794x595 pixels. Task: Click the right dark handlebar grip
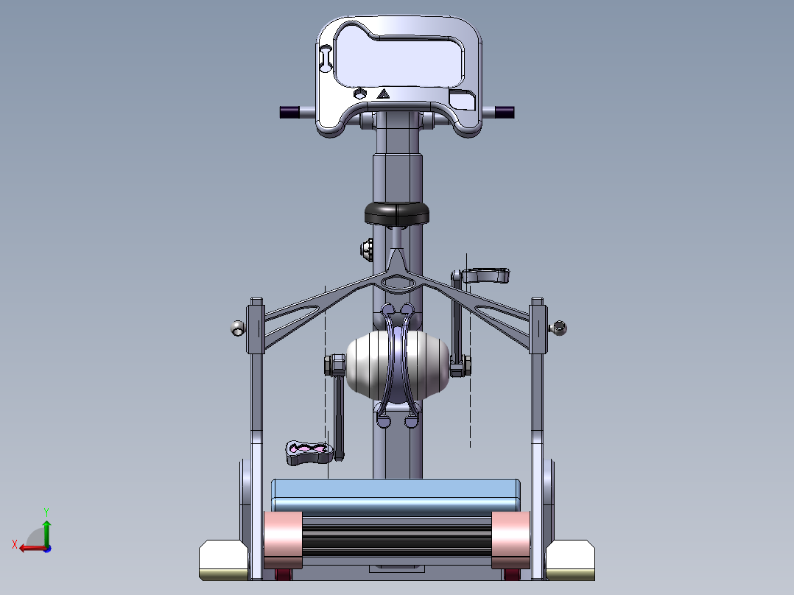[x=505, y=113]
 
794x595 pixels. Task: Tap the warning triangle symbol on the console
[x=382, y=94]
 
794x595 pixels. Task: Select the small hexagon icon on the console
[x=359, y=94]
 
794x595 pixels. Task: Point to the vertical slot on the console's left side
[x=325, y=60]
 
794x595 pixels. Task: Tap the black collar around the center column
[x=397, y=213]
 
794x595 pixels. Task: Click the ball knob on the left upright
[x=236, y=328]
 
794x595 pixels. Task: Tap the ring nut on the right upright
[x=561, y=328]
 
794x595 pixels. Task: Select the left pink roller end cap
[x=282, y=535]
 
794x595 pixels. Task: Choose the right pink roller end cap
[x=510, y=535]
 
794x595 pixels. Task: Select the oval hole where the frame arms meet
[x=398, y=281]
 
